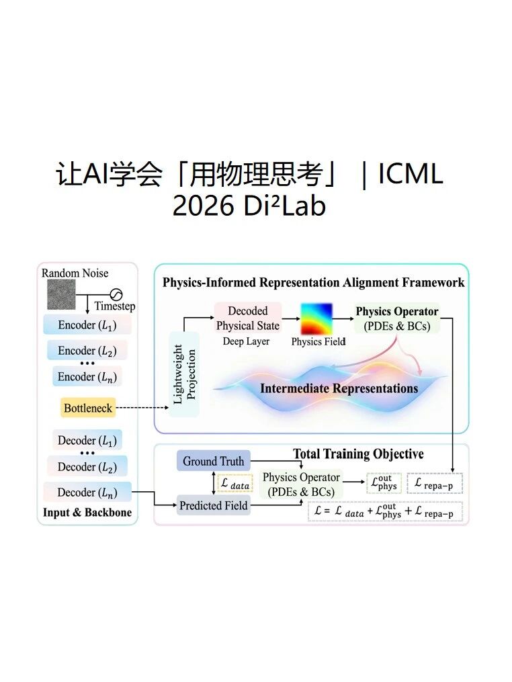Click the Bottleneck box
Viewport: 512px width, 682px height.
pos(88,408)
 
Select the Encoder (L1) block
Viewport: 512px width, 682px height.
pos(87,325)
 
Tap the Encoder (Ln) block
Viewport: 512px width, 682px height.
pos(87,377)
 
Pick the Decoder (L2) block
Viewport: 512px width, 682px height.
pos(87,467)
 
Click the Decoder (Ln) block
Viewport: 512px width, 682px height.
pos(87,492)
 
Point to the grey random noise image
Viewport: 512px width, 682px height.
pos(61,294)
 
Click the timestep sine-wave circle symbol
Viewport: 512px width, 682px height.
pos(116,294)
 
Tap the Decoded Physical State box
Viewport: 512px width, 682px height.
pos(248,318)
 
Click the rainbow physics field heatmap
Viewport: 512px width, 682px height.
pos(316,318)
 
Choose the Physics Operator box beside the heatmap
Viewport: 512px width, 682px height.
pos(396,318)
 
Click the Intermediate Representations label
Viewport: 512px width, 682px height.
pos(339,388)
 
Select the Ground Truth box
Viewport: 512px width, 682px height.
pos(214,461)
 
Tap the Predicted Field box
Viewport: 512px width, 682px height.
pos(214,505)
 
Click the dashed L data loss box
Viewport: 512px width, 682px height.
pos(235,483)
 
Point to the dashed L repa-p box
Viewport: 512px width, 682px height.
pos(435,483)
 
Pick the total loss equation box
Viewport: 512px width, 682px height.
pos(385,511)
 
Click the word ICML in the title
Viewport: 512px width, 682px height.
pos(411,174)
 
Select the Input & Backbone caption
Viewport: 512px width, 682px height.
pos(87,513)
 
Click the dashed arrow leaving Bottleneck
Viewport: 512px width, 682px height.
pos(142,408)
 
